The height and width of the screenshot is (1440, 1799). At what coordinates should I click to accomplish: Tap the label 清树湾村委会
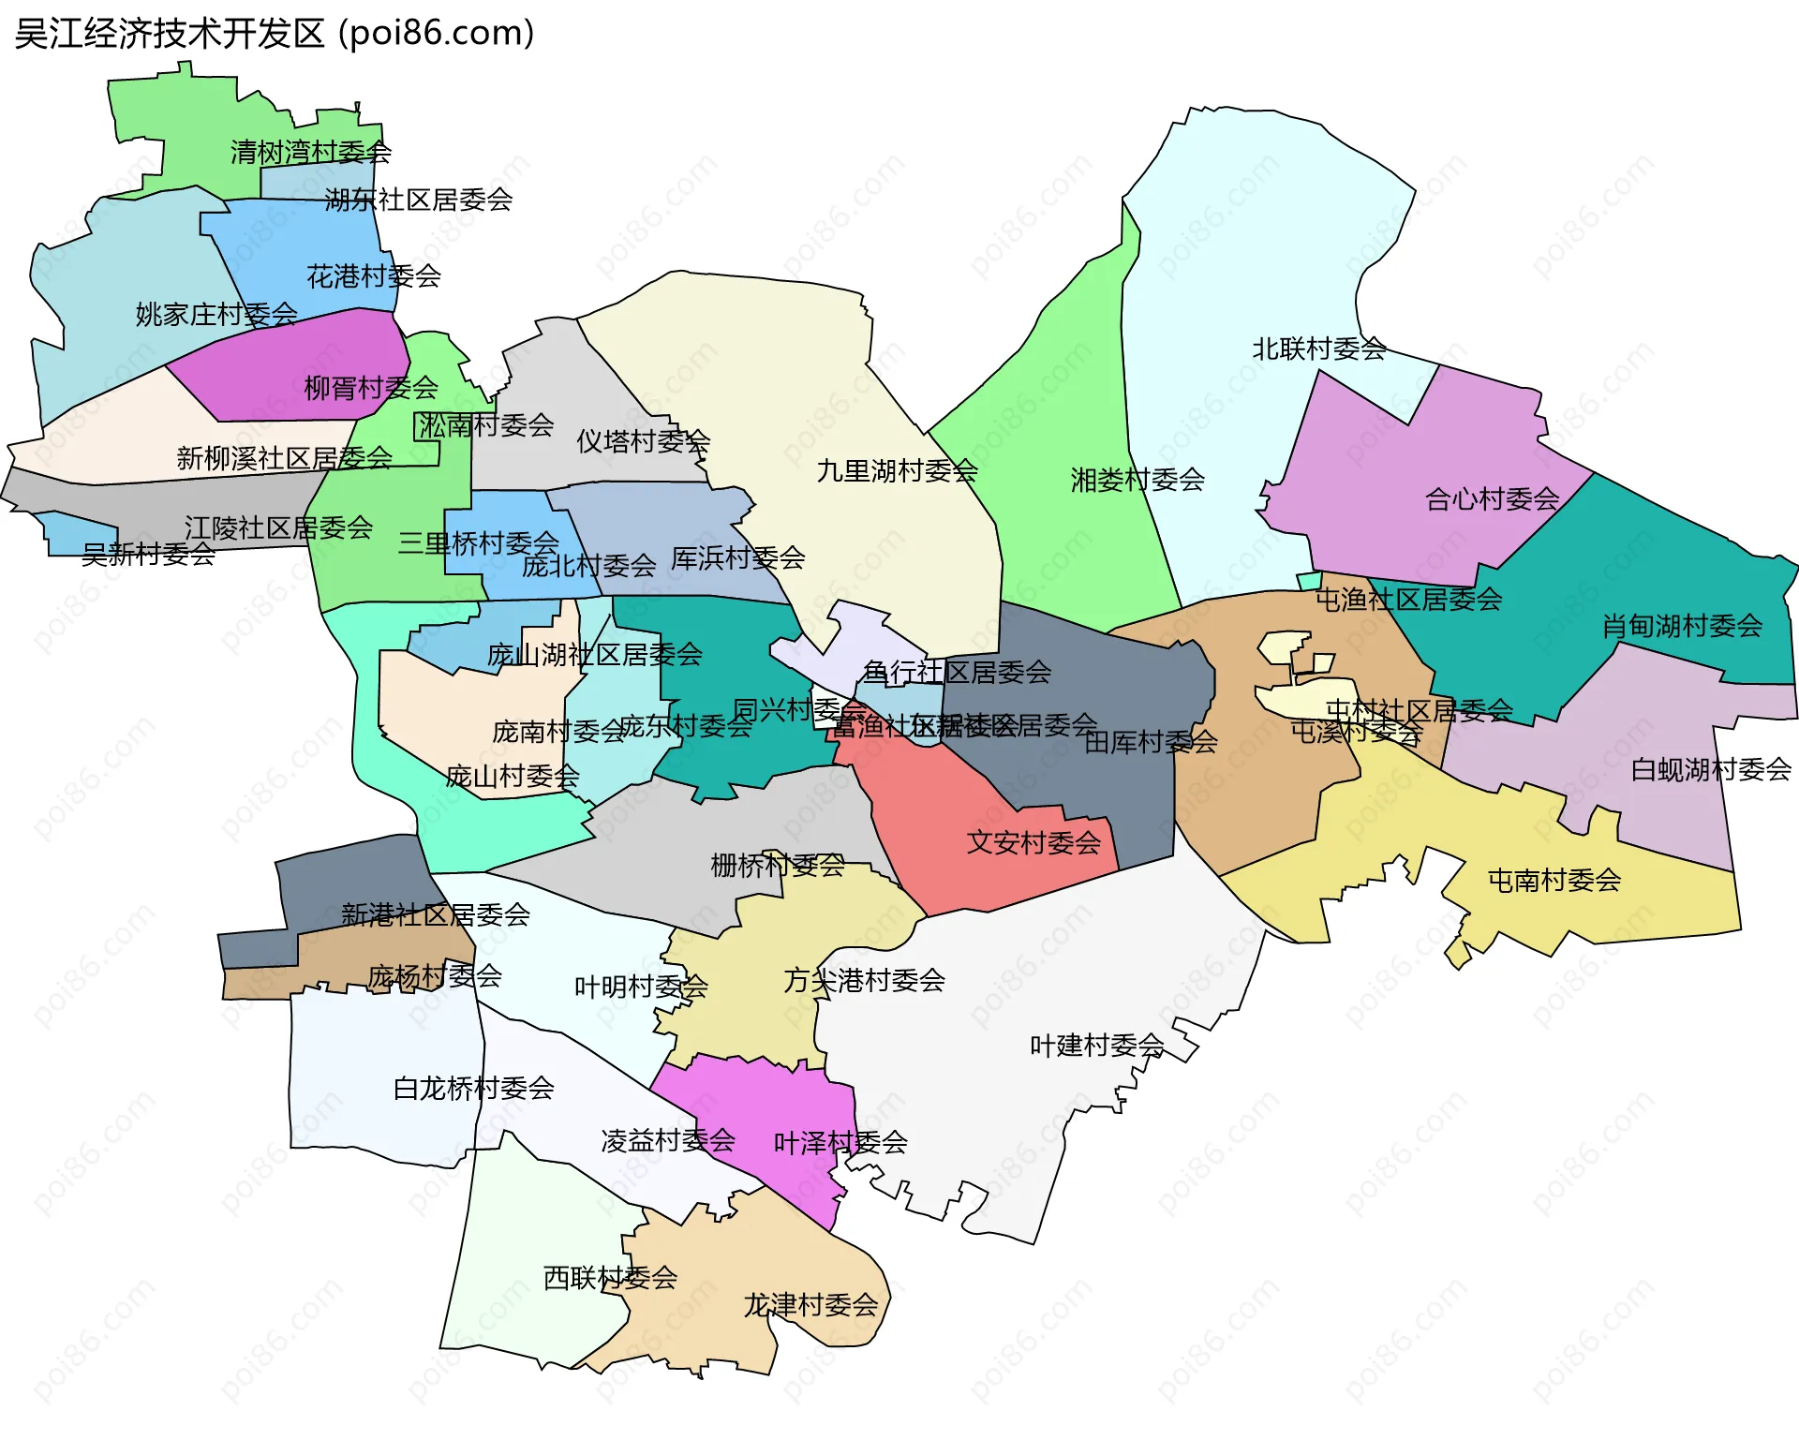tap(310, 152)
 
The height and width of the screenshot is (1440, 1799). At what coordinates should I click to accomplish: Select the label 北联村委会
tap(1319, 349)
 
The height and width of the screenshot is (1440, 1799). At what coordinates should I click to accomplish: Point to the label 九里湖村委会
tap(897, 470)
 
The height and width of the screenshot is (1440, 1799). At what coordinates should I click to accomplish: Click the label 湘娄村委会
tap(1137, 480)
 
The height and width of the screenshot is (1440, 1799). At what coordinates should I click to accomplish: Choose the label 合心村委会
tap(1492, 498)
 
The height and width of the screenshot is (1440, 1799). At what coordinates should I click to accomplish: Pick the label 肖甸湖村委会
tap(1682, 625)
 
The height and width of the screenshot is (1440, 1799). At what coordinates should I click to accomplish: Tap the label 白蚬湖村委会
tap(1711, 769)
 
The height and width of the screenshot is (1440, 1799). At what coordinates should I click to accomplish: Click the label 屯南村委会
tap(1554, 880)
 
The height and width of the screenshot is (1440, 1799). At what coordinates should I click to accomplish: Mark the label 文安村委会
tap(1033, 842)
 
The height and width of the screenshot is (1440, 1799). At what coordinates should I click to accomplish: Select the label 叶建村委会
tap(1096, 1045)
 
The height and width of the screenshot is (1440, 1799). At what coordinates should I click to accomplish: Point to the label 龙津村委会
tap(810, 1304)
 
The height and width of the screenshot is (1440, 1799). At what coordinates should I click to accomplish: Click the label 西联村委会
tap(610, 1277)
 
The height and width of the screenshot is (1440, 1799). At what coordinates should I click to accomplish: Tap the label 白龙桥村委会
tap(473, 1088)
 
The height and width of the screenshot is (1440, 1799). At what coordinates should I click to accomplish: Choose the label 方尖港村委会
tap(864, 980)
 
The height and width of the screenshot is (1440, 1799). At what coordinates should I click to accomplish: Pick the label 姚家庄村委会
tap(216, 314)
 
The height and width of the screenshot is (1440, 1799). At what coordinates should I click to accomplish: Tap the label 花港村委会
tap(373, 275)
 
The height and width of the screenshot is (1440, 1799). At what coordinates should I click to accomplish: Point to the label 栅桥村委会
tap(778, 865)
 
